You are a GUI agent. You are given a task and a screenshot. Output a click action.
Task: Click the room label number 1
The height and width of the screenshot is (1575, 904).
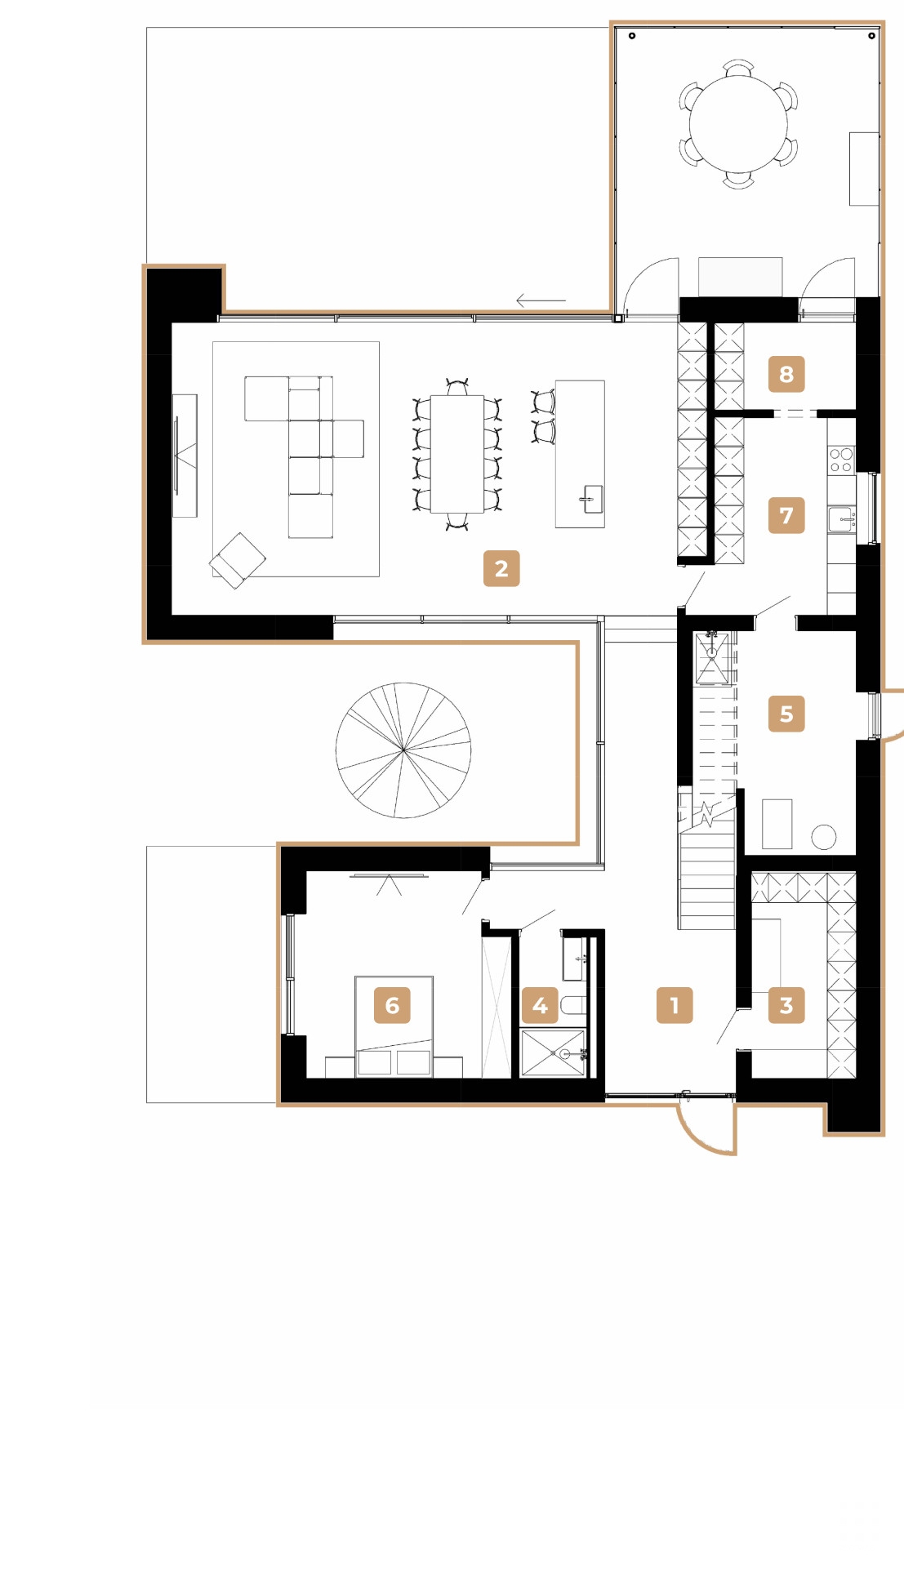click(x=675, y=1005)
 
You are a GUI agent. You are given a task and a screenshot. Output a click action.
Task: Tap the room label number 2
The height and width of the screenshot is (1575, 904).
click(x=501, y=568)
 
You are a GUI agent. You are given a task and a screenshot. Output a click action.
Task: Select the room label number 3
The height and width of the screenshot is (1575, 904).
click(x=786, y=1005)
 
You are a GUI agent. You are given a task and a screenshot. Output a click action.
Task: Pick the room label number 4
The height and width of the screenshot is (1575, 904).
click(x=540, y=1005)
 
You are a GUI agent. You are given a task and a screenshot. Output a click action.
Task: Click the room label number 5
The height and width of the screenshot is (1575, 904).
click(x=786, y=714)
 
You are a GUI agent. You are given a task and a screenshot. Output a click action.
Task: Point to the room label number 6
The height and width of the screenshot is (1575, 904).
click(x=392, y=1005)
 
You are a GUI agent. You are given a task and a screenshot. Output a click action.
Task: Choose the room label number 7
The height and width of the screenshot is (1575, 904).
click(x=786, y=515)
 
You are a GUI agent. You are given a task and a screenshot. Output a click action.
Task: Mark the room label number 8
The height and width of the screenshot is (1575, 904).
click(x=786, y=374)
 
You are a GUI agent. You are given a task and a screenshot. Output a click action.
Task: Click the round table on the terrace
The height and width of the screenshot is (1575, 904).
click(x=738, y=124)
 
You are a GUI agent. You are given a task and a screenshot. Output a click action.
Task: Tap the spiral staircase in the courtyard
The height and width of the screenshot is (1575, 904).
click(x=403, y=750)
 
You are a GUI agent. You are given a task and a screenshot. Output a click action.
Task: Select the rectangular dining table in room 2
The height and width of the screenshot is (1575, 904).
click(x=456, y=453)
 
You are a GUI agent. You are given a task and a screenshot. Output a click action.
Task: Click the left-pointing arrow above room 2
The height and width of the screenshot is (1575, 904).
click(x=541, y=301)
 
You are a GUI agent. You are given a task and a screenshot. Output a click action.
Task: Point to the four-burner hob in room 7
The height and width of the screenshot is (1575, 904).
click(x=841, y=460)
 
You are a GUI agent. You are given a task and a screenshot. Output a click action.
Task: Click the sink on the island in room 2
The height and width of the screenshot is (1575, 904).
click(x=592, y=499)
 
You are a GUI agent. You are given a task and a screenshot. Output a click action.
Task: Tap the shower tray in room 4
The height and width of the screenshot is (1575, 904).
click(x=553, y=1054)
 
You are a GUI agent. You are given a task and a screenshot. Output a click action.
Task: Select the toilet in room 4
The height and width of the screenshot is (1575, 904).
click(x=573, y=1005)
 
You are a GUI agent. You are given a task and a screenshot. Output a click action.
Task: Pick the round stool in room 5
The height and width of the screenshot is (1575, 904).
click(x=823, y=837)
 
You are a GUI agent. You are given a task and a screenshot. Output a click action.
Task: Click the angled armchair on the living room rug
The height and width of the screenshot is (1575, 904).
click(x=238, y=560)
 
